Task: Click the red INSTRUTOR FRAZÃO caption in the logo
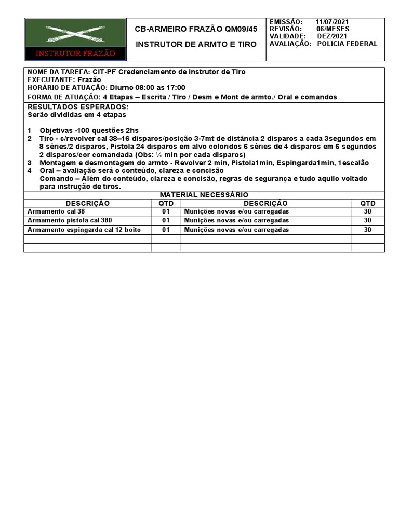[75, 54]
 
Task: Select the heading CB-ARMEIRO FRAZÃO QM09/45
[196, 30]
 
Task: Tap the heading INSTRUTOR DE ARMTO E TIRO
[196, 44]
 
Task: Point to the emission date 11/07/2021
[332, 22]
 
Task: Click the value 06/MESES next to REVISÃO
[333, 29]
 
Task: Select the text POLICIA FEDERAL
[347, 44]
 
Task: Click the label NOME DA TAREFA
[58, 72]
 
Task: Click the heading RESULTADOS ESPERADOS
[77, 107]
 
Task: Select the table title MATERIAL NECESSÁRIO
[204, 195]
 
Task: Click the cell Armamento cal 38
[56, 212]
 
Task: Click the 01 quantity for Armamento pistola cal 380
[166, 221]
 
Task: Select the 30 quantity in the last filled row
[367, 230]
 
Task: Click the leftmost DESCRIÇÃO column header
[87, 203]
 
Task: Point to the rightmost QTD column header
[367, 203]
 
